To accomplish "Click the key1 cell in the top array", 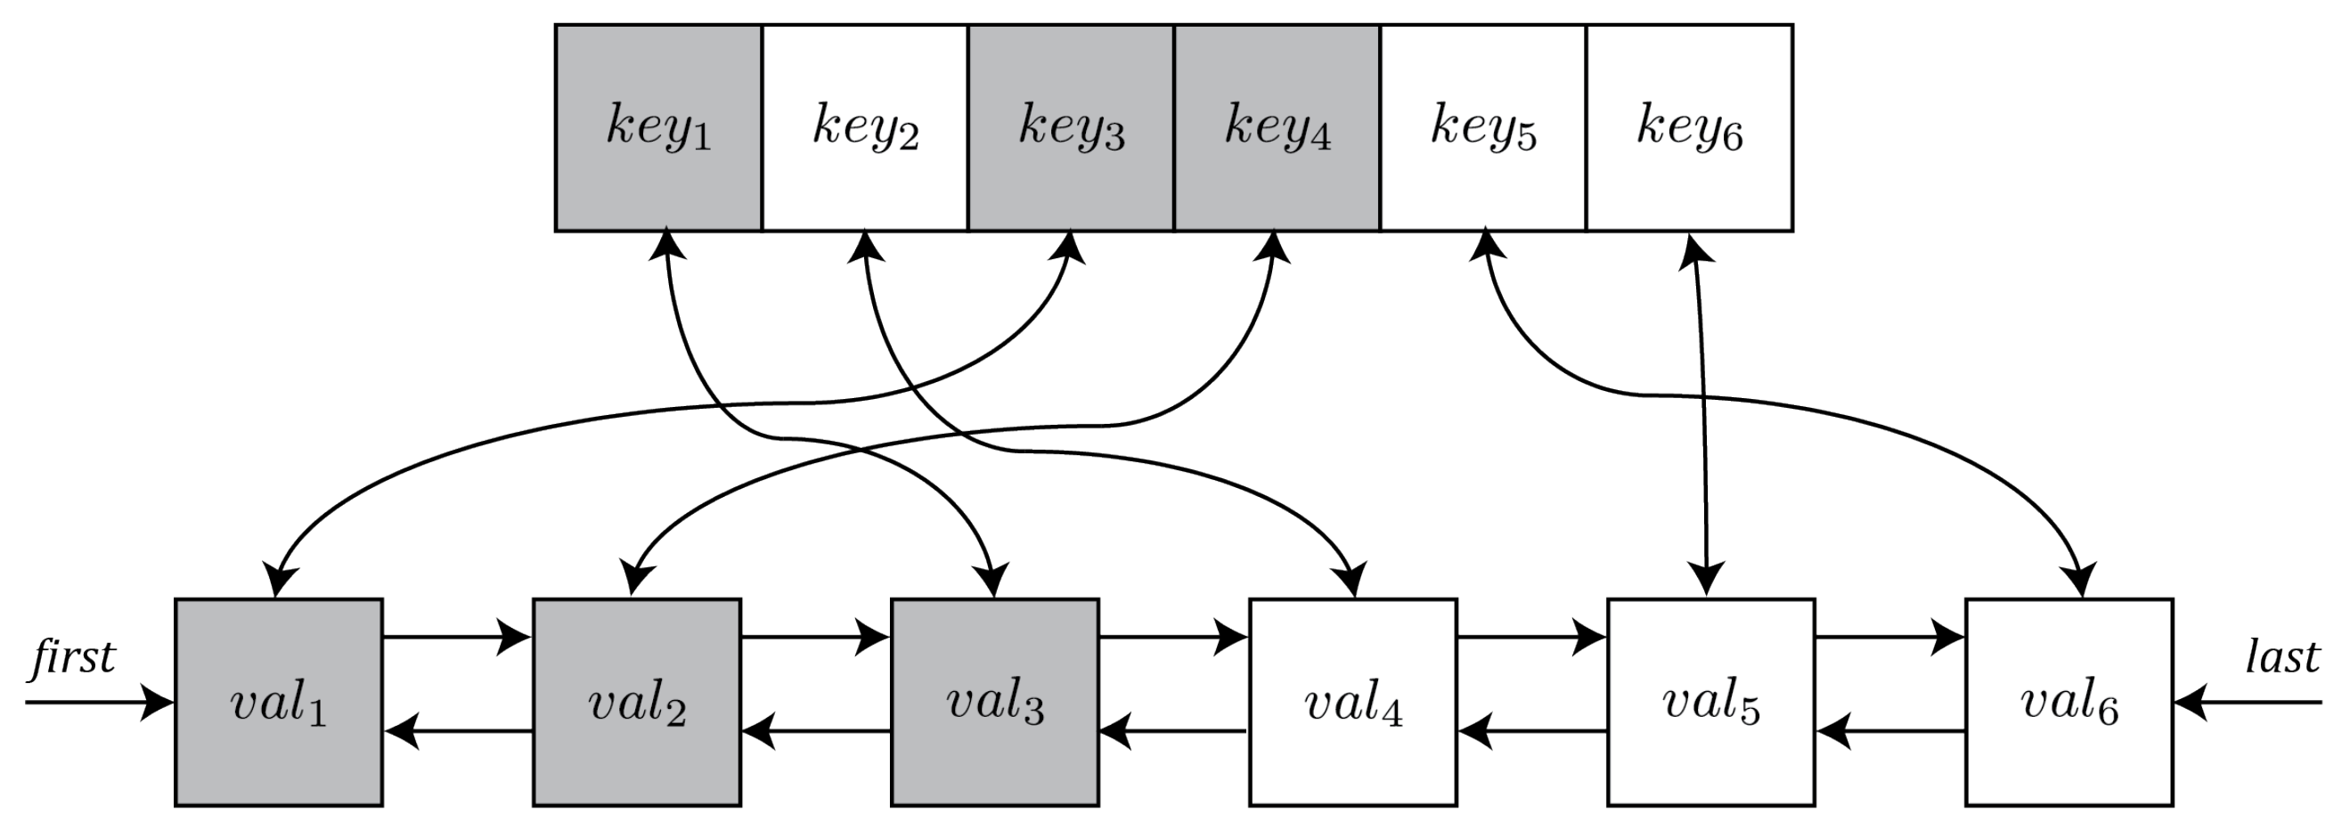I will (658, 127).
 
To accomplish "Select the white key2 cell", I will (865, 127).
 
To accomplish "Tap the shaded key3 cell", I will (1071, 127).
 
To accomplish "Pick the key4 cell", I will (1277, 127).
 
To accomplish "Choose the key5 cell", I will (1484, 127).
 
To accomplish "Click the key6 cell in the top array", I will (1690, 127).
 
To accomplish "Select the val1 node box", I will (278, 702).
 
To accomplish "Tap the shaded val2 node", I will (636, 702).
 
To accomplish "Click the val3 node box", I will (995, 702).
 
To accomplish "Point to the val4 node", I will (1353, 702).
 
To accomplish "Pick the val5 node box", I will (1711, 702).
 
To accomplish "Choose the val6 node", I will (2069, 702).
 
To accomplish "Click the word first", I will (73, 656).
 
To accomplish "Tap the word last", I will (2282, 656).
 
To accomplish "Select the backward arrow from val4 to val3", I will (1173, 730).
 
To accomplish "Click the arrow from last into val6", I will (2246, 702).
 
